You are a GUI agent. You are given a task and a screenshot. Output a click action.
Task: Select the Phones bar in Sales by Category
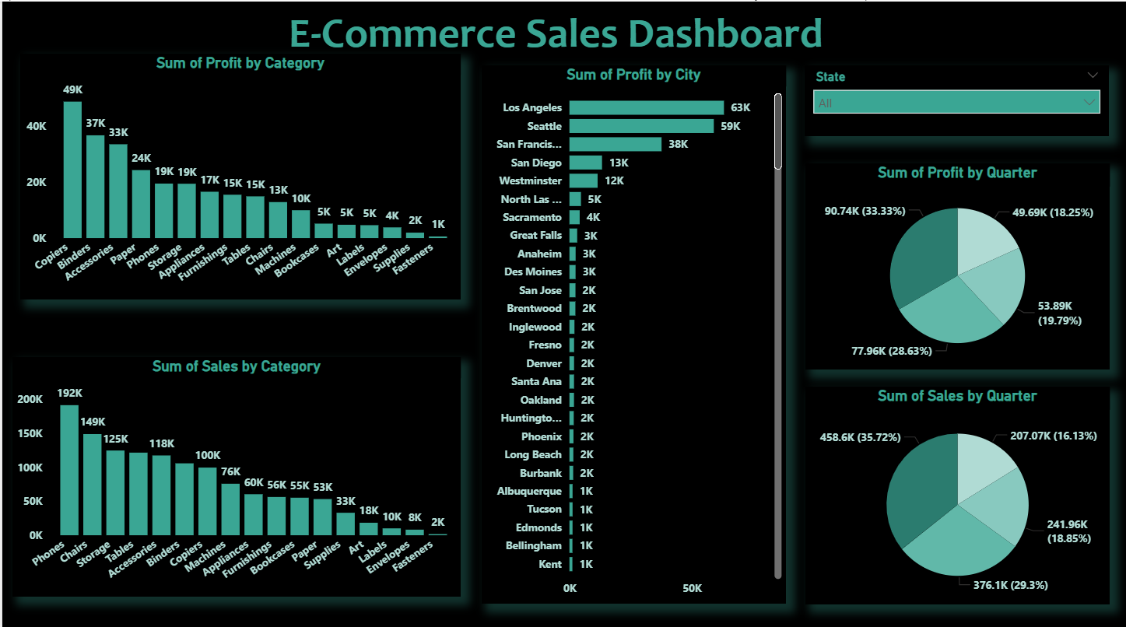click(69, 470)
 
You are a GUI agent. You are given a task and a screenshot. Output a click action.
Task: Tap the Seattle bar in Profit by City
click(641, 126)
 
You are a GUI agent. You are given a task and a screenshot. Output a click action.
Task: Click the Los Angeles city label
click(532, 108)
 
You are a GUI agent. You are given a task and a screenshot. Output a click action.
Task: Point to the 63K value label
click(740, 108)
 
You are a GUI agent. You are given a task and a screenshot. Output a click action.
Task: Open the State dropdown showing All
click(956, 103)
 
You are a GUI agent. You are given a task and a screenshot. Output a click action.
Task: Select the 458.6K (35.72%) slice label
click(860, 437)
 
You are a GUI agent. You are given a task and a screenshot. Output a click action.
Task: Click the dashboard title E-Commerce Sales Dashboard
click(556, 34)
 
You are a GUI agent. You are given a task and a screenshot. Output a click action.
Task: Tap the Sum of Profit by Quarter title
click(957, 173)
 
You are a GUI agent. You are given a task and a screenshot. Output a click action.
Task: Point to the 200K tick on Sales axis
click(31, 399)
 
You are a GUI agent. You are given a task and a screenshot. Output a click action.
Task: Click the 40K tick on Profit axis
click(37, 126)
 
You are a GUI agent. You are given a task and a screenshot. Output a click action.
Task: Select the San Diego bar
click(585, 163)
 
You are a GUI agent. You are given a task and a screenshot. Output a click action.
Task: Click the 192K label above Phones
click(69, 393)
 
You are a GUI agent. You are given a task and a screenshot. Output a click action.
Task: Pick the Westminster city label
click(530, 180)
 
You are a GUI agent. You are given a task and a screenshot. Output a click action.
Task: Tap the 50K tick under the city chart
click(692, 589)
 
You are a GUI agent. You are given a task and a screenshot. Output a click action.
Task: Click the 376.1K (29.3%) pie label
click(1009, 585)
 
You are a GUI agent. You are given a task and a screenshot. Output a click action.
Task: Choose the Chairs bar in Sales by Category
click(93, 484)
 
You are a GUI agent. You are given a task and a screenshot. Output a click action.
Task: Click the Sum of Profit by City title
click(633, 75)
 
